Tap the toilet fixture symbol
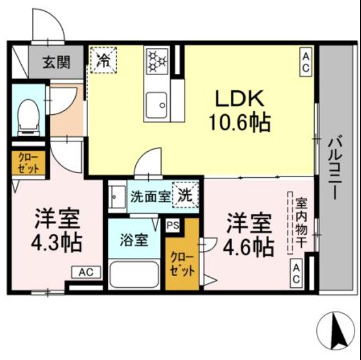[x=28, y=114]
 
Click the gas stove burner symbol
[x=157, y=60]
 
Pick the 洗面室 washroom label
[x=150, y=196]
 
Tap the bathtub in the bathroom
[x=134, y=274]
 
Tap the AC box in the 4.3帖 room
[x=86, y=272]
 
